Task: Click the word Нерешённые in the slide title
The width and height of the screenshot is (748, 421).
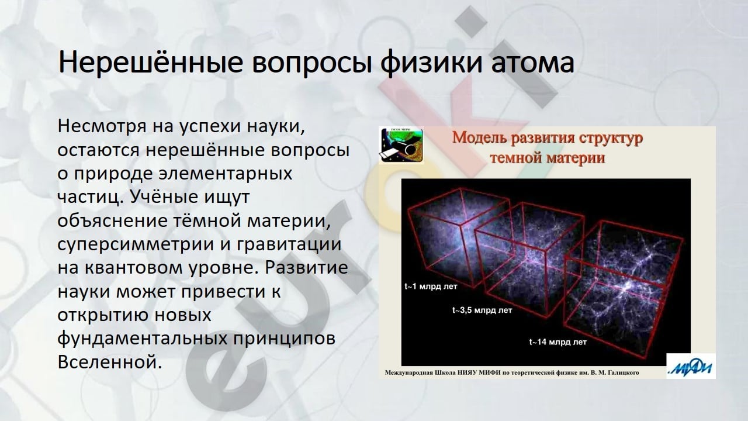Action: point(150,62)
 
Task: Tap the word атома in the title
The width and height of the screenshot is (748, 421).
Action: point(532,63)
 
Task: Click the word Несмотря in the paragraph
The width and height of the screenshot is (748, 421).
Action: point(102,126)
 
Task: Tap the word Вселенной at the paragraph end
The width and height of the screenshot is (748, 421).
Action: point(110,361)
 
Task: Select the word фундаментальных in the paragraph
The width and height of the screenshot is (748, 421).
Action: point(143,339)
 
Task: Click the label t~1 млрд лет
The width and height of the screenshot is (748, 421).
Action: point(431,287)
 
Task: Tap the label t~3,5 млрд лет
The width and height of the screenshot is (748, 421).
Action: point(482,310)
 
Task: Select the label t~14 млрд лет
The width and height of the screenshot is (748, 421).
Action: point(558,342)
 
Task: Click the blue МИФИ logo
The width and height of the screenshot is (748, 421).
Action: point(691,366)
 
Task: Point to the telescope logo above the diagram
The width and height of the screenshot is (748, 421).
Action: point(401,146)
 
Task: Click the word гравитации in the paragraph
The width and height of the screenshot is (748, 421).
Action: point(289,245)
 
